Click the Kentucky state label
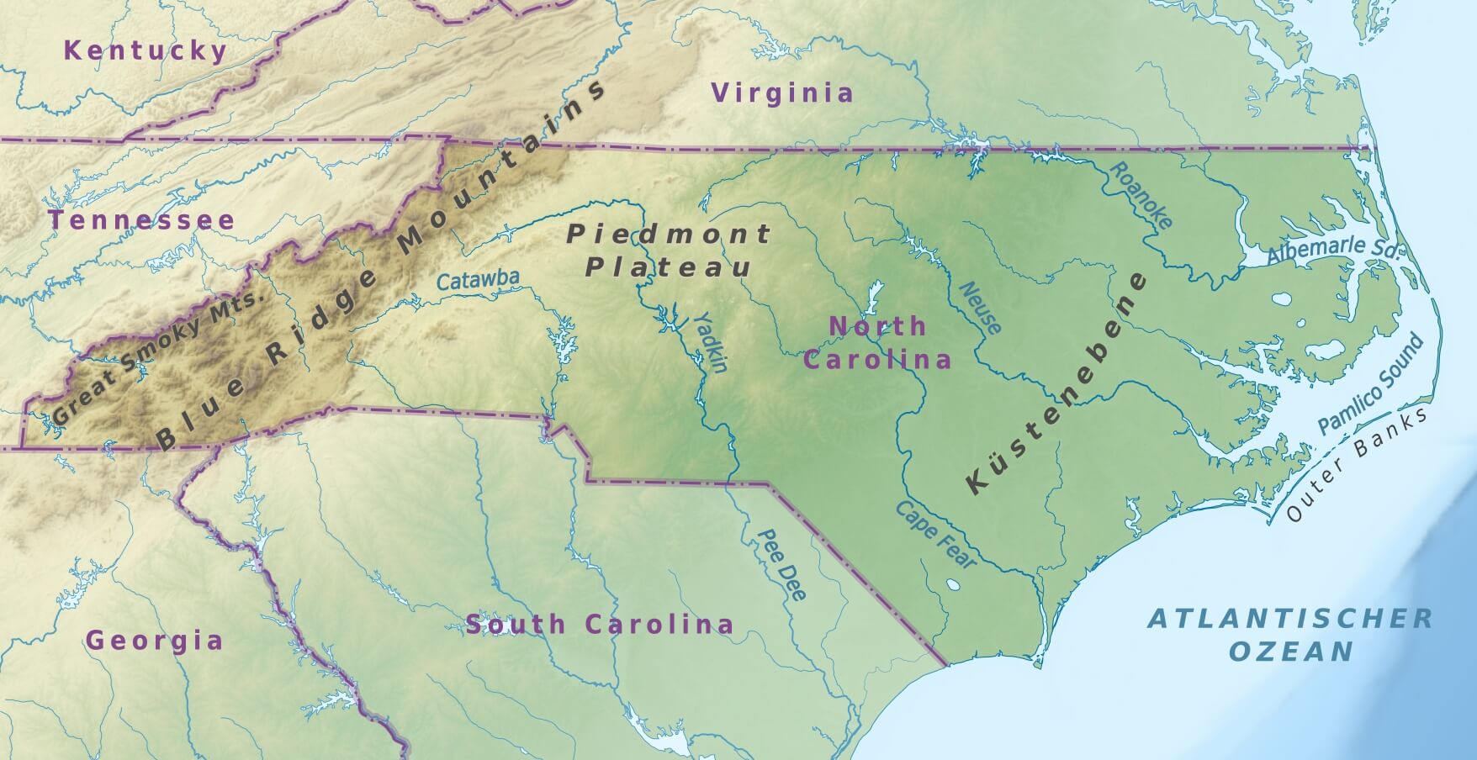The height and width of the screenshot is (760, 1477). pos(146,50)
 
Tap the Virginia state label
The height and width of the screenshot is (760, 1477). pos(782,92)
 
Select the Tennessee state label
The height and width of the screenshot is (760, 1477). pos(141,221)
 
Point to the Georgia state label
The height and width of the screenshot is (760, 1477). pos(155,641)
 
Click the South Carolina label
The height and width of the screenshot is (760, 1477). pos(600,625)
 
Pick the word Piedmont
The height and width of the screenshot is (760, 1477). pos(669,234)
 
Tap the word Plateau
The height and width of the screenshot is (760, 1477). pos(668,268)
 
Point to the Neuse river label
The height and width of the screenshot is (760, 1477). pos(980,308)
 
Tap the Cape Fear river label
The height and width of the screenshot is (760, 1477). pos(935,536)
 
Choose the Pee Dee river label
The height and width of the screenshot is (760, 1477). pos(782,565)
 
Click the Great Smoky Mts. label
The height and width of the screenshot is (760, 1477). pos(159,358)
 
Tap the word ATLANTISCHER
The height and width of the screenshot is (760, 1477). pos(1290,619)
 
